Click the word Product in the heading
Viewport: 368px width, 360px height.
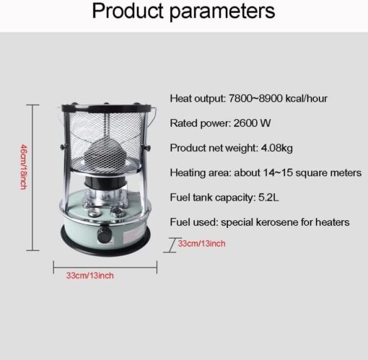[128, 11]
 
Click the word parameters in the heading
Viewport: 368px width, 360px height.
[222, 12]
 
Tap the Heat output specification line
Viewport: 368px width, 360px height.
[249, 98]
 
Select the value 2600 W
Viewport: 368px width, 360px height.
[252, 123]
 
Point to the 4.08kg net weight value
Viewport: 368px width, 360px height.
[277, 148]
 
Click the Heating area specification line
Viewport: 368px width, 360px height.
[266, 172]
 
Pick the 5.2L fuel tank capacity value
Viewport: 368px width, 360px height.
[268, 198]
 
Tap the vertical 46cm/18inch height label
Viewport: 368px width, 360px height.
[24, 167]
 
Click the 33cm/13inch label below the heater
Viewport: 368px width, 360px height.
[90, 276]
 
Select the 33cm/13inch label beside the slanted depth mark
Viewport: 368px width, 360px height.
[201, 244]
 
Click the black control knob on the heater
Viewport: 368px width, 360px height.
[105, 234]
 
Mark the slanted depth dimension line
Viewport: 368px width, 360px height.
[172, 245]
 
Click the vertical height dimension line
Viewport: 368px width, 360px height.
[32, 177]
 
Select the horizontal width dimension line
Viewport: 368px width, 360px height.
[105, 267]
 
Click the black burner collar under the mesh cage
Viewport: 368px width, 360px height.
[105, 182]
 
